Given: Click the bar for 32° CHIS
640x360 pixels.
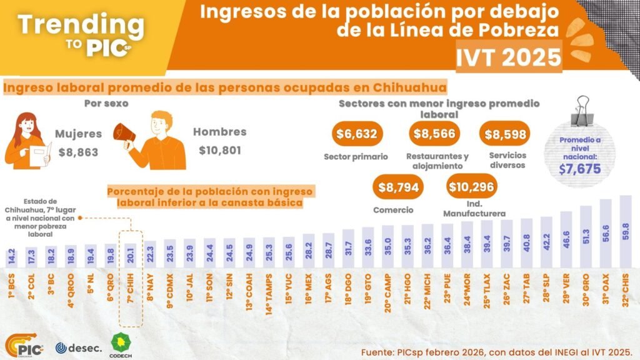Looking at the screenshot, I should pyautogui.click(x=625, y=232).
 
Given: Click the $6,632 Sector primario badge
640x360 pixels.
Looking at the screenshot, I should pyautogui.click(x=357, y=134).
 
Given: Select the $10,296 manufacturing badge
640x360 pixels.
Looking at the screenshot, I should pyautogui.click(x=472, y=186).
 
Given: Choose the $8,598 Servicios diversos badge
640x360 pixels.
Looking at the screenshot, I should pyautogui.click(x=504, y=134).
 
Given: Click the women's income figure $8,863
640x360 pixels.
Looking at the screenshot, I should pyautogui.click(x=78, y=151).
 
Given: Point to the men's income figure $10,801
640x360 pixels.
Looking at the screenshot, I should pyautogui.click(x=219, y=150).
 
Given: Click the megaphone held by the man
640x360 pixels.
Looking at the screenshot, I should pyautogui.click(x=123, y=132).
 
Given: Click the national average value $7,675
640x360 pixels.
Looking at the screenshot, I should pyautogui.click(x=579, y=168).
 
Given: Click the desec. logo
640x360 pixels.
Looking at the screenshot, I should pyautogui.click(x=78, y=347).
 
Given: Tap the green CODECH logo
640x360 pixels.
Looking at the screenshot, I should pyautogui.click(x=119, y=344).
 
